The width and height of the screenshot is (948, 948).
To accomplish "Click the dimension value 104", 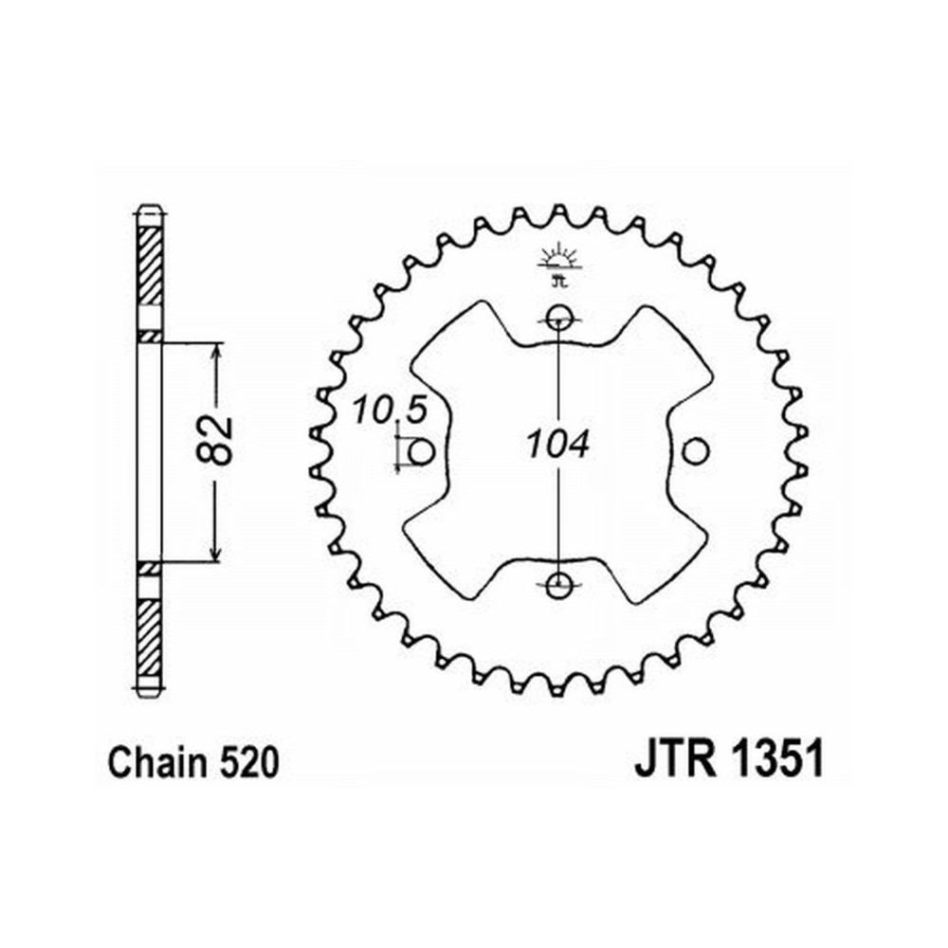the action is (x=556, y=446).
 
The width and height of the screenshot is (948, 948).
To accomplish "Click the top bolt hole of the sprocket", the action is (x=557, y=318).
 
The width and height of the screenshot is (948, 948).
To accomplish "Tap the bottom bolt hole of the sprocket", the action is (x=557, y=585).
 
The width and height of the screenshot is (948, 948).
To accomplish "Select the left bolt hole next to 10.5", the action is (x=422, y=451).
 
